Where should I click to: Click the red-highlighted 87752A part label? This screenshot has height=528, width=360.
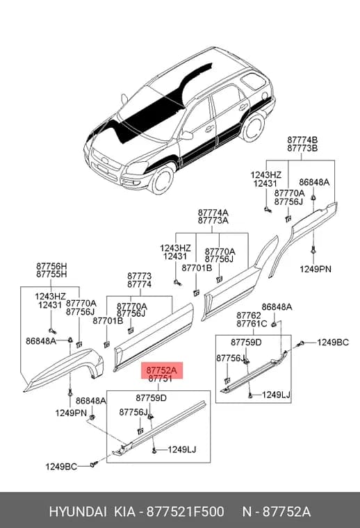[x=161, y=370]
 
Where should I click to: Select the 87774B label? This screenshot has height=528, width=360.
[x=302, y=140]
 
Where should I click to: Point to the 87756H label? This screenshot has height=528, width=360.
[x=51, y=266]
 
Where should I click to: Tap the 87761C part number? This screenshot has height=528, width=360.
[x=252, y=324]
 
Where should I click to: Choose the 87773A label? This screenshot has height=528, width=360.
[x=213, y=220]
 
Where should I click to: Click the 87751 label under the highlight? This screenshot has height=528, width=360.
[x=160, y=379]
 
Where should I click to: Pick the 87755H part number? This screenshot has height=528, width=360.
[x=51, y=274]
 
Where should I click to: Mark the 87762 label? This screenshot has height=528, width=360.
[x=249, y=315]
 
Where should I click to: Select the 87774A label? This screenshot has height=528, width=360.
[x=213, y=213]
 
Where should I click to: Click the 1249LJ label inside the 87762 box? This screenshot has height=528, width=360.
[x=276, y=395]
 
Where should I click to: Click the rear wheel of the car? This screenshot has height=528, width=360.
[x=254, y=127]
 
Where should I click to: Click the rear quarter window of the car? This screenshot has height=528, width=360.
[x=253, y=81]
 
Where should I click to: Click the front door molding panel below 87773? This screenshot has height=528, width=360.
[x=154, y=337]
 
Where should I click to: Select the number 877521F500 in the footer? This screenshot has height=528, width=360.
[x=185, y=512]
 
